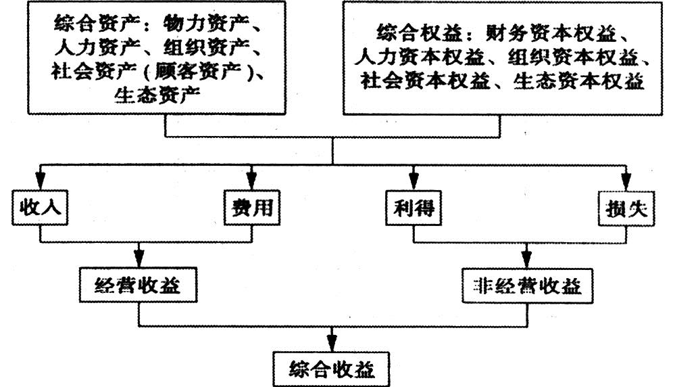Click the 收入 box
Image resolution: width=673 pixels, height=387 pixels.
[x=40, y=208]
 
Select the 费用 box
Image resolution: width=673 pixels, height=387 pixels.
[x=252, y=208]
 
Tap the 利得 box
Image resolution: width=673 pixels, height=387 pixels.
[x=414, y=208]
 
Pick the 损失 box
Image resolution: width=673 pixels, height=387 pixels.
[x=626, y=208]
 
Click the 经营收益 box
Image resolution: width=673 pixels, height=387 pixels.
[x=138, y=285]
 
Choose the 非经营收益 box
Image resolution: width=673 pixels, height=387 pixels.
[x=527, y=286]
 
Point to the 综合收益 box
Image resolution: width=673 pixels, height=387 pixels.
[x=331, y=369]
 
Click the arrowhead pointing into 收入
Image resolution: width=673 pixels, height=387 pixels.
[x=40, y=181]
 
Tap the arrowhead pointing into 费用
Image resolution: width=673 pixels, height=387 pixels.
[x=252, y=181]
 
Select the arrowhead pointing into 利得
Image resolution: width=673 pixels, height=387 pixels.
[x=414, y=181]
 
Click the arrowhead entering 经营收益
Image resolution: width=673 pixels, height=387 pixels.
[x=139, y=258]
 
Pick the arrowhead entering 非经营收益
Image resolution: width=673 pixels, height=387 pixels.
[x=527, y=260]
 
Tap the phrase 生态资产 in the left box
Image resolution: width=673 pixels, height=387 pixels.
[x=157, y=95]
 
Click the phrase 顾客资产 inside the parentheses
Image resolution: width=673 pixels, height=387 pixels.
[x=197, y=71]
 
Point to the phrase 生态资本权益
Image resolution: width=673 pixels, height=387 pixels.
[x=578, y=81]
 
